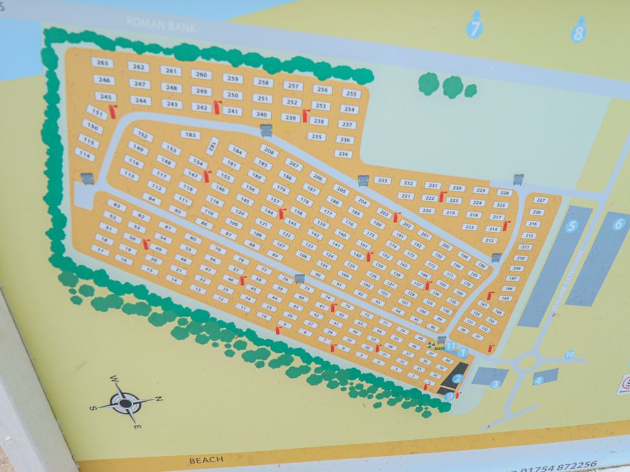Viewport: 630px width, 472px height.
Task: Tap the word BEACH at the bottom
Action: pyautogui.click(x=207, y=460)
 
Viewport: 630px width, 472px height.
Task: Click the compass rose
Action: pyautogui.click(x=126, y=402)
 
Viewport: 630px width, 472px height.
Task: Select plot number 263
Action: pyautogui.click(x=102, y=63)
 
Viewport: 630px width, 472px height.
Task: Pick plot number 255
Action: pyautogui.click(x=351, y=93)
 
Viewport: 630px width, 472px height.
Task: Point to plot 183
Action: pyautogui.click(x=190, y=135)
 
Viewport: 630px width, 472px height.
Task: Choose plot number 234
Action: pyautogui.click(x=343, y=154)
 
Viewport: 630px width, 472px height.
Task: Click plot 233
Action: pyautogui.click(x=383, y=181)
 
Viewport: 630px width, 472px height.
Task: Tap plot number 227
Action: pyautogui.click(x=541, y=200)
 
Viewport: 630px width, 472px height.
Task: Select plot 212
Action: pyautogui.click(x=489, y=241)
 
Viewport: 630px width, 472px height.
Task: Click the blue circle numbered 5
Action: pyautogui.click(x=571, y=226)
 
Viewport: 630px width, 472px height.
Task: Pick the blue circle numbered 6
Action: pyautogui.click(x=618, y=224)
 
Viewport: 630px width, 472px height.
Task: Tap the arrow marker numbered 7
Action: pyautogui.click(x=475, y=28)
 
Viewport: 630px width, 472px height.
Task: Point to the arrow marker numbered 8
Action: pyautogui.click(x=578, y=32)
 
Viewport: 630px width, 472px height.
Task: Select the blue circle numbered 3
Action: pyautogui.click(x=495, y=384)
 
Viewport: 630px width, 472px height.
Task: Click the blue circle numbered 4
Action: pyautogui.click(x=538, y=380)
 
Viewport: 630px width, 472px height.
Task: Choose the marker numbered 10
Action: pyautogui.click(x=569, y=355)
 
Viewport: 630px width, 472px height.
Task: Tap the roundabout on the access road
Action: pyautogui.click(x=527, y=362)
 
